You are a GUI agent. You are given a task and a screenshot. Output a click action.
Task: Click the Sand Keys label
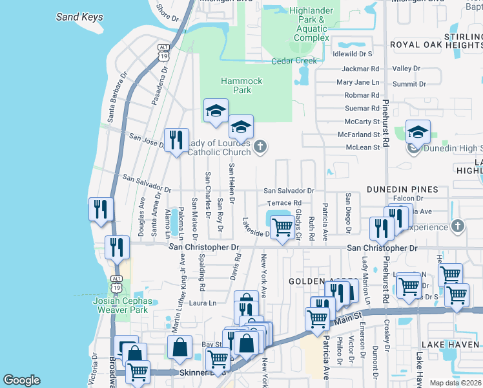79,17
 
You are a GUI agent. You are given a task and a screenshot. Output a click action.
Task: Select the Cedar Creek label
294,61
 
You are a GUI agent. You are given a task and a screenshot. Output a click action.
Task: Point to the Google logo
22,380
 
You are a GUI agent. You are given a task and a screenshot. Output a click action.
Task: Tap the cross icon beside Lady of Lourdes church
260,146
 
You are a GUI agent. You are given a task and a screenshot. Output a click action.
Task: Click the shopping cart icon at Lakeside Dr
282,228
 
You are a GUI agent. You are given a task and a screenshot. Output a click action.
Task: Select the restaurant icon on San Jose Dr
176,139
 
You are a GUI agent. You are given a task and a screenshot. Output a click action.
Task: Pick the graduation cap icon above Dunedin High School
418,132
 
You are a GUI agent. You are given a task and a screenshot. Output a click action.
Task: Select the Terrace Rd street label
285,202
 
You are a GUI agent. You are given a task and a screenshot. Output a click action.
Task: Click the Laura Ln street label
203,303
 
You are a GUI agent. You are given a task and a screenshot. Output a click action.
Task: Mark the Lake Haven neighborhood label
451,345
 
